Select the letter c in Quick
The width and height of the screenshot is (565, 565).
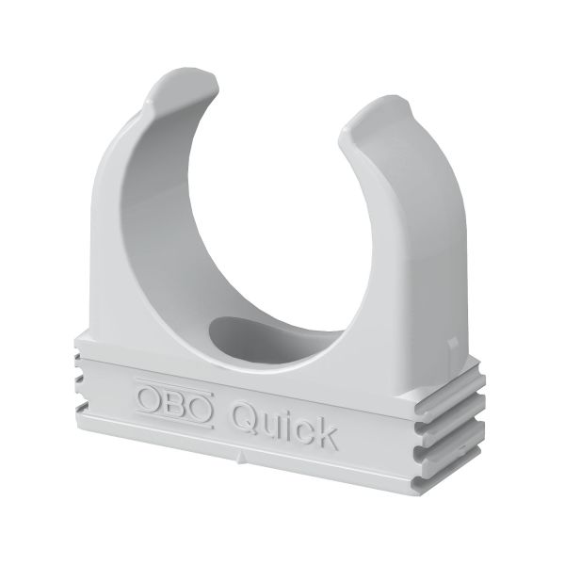302,429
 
